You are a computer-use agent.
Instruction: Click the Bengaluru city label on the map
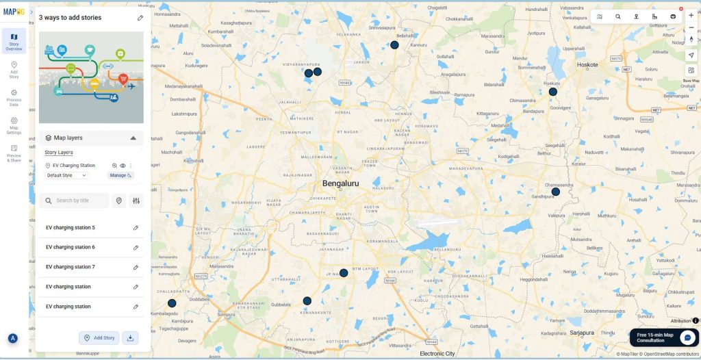[341, 183]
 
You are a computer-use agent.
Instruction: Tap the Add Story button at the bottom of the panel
[99, 337]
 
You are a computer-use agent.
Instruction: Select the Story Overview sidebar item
[14, 41]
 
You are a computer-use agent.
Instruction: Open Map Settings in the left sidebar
[14, 125]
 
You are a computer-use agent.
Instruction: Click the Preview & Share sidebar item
[14, 153]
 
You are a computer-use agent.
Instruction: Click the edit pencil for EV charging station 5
[136, 228]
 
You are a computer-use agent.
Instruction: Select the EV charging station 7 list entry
[71, 267]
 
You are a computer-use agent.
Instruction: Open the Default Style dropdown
[66, 175]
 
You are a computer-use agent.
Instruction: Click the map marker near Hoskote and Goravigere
[553, 92]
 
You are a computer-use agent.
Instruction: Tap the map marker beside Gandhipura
[556, 192]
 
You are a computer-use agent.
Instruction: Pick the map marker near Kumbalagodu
[172, 303]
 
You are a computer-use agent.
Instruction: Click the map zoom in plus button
[691, 15]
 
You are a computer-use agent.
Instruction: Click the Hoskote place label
[588, 65]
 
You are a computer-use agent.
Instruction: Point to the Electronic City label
[437, 354]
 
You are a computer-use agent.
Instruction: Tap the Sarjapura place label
[582, 332]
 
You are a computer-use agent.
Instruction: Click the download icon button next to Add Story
[131, 337]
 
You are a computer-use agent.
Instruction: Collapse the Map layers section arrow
[133, 138]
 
